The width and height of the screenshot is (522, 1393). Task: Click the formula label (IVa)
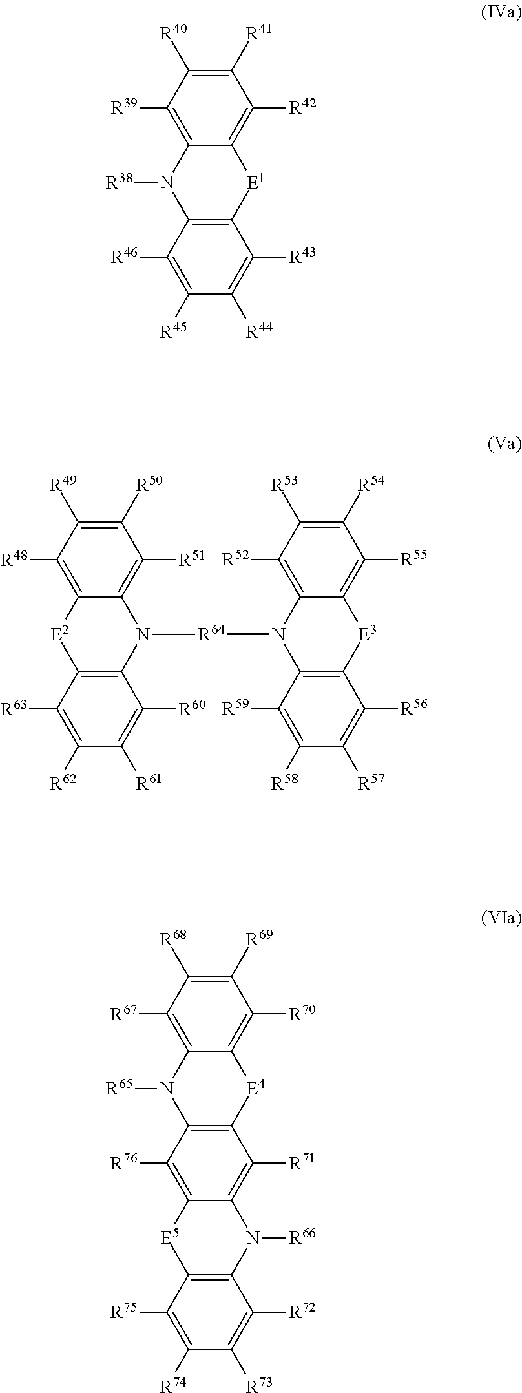click(501, 14)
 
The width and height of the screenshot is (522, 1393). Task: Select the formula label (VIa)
click(501, 919)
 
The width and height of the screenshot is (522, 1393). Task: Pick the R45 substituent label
click(174, 331)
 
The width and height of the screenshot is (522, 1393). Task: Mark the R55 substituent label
click(413, 558)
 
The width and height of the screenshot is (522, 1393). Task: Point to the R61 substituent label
click(149, 782)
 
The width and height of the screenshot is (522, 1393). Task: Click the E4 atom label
click(256, 1088)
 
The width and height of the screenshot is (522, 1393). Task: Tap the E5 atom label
click(169, 1237)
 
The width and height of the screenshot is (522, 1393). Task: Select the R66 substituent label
click(302, 1237)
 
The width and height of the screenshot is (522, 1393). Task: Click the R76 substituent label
click(124, 1163)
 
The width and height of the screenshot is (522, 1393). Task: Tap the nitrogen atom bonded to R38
click(168, 183)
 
